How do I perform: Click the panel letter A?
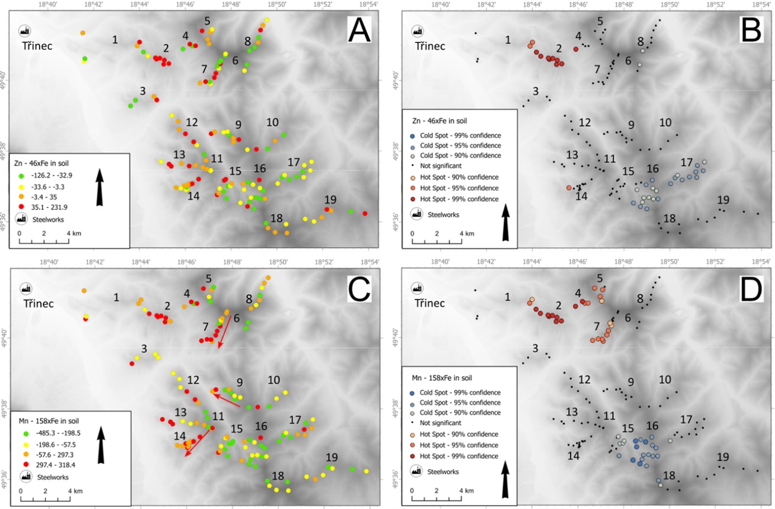[360, 30]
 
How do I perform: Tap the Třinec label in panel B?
[429, 46]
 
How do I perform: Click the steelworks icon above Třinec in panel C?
[25, 289]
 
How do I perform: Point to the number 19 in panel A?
[330, 200]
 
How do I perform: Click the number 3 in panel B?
[536, 91]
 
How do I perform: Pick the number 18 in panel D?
[669, 476]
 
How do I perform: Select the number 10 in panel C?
[273, 380]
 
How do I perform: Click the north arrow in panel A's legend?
[100, 187]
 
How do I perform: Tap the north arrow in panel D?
[505, 479]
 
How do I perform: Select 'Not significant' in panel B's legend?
[440, 166]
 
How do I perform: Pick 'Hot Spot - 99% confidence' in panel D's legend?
[459, 456]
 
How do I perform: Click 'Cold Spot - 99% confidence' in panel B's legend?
[460, 135]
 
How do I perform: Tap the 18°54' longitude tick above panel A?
[368, 4]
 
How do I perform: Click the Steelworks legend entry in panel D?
[443, 472]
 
